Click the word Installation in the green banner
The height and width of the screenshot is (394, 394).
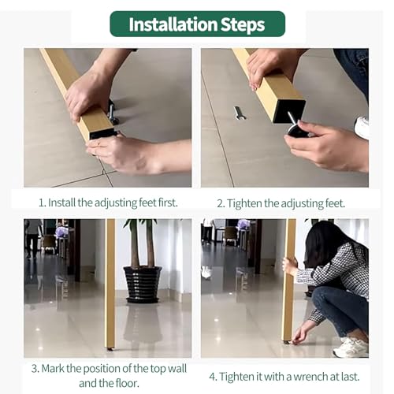click(173, 24)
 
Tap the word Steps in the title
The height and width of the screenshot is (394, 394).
click(243, 25)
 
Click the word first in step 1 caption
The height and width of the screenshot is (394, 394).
click(168, 203)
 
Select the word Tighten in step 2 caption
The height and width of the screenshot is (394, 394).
click(244, 203)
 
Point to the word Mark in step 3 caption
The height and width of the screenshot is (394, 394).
click(53, 368)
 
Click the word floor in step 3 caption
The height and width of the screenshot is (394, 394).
click(127, 383)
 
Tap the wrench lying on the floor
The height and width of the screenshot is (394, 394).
click(239, 113)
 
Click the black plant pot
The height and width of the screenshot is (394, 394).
click(143, 284)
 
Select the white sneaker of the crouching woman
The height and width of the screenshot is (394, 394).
click(351, 347)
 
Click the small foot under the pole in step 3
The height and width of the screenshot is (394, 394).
click(110, 349)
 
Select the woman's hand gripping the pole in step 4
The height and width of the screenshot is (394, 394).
click(290, 266)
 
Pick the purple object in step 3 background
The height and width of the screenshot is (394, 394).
click(61, 232)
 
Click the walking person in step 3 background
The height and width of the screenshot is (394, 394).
click(32, 238)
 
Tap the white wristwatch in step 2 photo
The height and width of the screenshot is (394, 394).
click(362, 127)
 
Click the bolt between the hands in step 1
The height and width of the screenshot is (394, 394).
click(112, 112)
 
